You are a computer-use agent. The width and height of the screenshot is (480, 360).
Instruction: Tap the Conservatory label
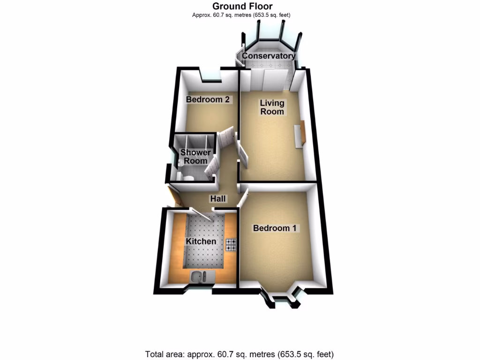click(x=269, y=56)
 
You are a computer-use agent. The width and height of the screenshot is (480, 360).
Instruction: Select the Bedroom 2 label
click(x=208, y=99)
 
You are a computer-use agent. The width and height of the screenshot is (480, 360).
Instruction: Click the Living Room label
click(x=272, y=107)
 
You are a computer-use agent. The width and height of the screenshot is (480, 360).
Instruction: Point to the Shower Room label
click(x=195, y=157)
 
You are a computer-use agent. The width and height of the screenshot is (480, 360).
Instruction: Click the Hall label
click(x=218, y=199)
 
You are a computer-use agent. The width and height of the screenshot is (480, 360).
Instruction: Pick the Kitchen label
click(x=202, y=241)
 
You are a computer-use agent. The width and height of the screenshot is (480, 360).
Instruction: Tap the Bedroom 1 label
click(x=275, y=228)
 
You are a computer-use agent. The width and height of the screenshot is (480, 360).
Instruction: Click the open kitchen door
click(x=205, y=213)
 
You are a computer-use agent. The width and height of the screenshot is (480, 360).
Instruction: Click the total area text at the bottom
click(x=240, y=354)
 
